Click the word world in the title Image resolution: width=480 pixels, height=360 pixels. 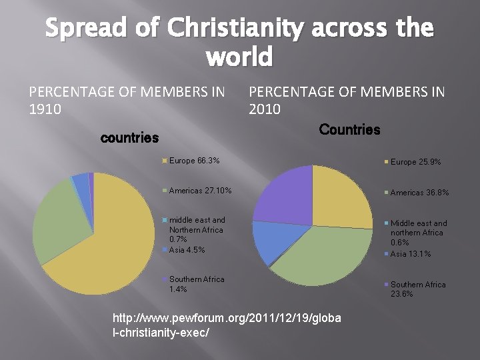click(x=240, y=58)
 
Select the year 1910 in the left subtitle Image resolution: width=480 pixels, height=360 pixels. click(x=45, y=109)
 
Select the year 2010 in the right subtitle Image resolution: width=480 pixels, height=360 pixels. click(x=265, y=109)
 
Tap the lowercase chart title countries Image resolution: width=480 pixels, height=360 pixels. click(x=129, y=138)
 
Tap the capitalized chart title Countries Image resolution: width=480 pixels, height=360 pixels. click(x=349, y=129)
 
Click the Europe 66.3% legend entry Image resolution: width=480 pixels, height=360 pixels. click(x=194, y=161)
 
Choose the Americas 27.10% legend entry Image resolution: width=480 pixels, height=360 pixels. click(x=200, y=191)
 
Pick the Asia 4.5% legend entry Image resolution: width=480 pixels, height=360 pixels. click(x=187, y=250)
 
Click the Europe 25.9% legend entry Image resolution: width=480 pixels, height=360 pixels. click(x=415, y=162)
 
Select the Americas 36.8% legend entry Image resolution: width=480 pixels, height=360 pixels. click(x=419, y=193)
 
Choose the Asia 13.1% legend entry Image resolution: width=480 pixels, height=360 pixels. click(x=411, y=254)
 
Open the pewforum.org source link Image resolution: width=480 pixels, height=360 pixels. click(x=227, y=324)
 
